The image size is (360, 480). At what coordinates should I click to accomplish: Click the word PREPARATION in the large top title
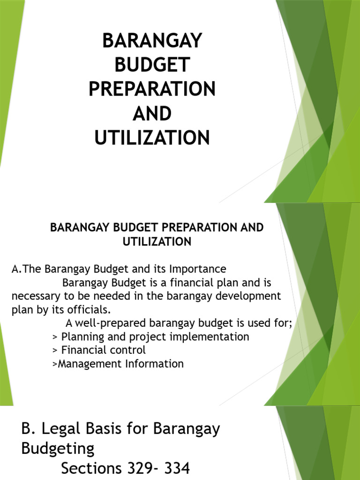click(152, 89)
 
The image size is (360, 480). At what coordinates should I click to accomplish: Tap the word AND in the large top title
click(152, 113)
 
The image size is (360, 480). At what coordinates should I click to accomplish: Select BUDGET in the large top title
click(152, 65)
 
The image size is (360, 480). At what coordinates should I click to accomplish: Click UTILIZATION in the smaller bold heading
click(157, 241)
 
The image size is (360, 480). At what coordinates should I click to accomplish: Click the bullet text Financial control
click(104, 350)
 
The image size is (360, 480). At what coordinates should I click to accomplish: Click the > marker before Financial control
click(55, 350)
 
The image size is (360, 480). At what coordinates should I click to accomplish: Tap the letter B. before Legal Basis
click(29, 429)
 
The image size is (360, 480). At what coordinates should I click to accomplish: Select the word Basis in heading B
click(112, 429)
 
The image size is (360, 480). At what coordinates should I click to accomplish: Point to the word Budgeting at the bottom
click(58, 449)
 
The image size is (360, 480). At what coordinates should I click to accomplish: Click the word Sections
click(90, 468)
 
